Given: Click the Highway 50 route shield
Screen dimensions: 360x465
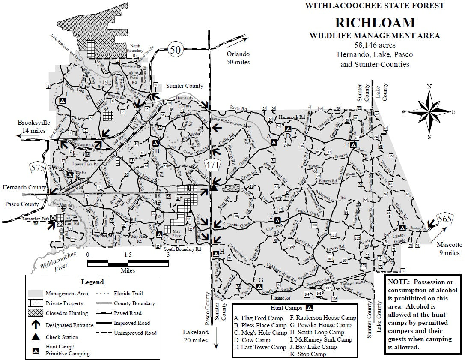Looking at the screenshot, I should (175, 50).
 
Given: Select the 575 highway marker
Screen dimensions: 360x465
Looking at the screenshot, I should (38, 168).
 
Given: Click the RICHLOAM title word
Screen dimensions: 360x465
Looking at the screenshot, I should (375, 23).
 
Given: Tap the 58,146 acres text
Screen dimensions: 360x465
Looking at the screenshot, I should (375, 45).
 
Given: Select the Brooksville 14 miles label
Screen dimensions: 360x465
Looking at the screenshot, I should (32, 126).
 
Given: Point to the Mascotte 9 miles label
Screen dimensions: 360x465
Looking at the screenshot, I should (449, 249).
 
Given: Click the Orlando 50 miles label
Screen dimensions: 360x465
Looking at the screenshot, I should (238, 58).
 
